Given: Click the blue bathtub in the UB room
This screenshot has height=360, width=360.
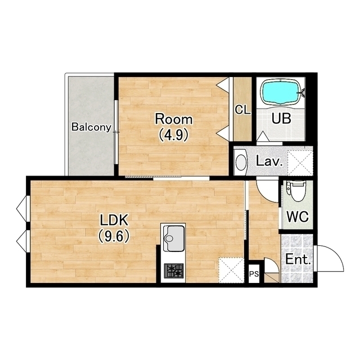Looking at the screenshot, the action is (x=281, y=92).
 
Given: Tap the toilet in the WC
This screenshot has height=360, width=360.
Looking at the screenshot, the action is (x=296, y=191).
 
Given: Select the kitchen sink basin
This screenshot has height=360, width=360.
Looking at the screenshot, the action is (x=173, y=238).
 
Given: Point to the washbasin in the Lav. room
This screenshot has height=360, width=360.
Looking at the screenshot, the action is (x=241, y=163).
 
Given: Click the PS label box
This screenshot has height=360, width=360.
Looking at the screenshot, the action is (x=254, y=274).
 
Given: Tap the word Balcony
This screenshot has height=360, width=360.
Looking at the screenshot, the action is (x=91, y=127).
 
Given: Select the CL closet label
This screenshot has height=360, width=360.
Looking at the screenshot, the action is (x=242, y=110).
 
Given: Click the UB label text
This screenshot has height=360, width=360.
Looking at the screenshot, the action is (x=281, y=119).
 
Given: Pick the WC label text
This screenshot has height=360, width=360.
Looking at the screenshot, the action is (x=298, y=216).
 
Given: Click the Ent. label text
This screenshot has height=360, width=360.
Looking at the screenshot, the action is (x=298, y=260).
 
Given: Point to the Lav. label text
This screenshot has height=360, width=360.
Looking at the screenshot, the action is (x=269, y=161).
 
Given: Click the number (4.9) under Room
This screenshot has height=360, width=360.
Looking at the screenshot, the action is (x=174, y=134).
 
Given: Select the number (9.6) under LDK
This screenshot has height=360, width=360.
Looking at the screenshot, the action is (x=114, y=236).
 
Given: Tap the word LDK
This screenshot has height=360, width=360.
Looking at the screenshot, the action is (x=114, y=220).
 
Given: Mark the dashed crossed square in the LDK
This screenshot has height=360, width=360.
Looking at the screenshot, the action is (x=231, y=270).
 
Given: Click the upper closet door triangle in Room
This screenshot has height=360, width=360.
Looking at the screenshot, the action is (x=223, y=85).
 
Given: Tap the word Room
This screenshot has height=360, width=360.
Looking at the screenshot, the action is (x=174, y=119).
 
